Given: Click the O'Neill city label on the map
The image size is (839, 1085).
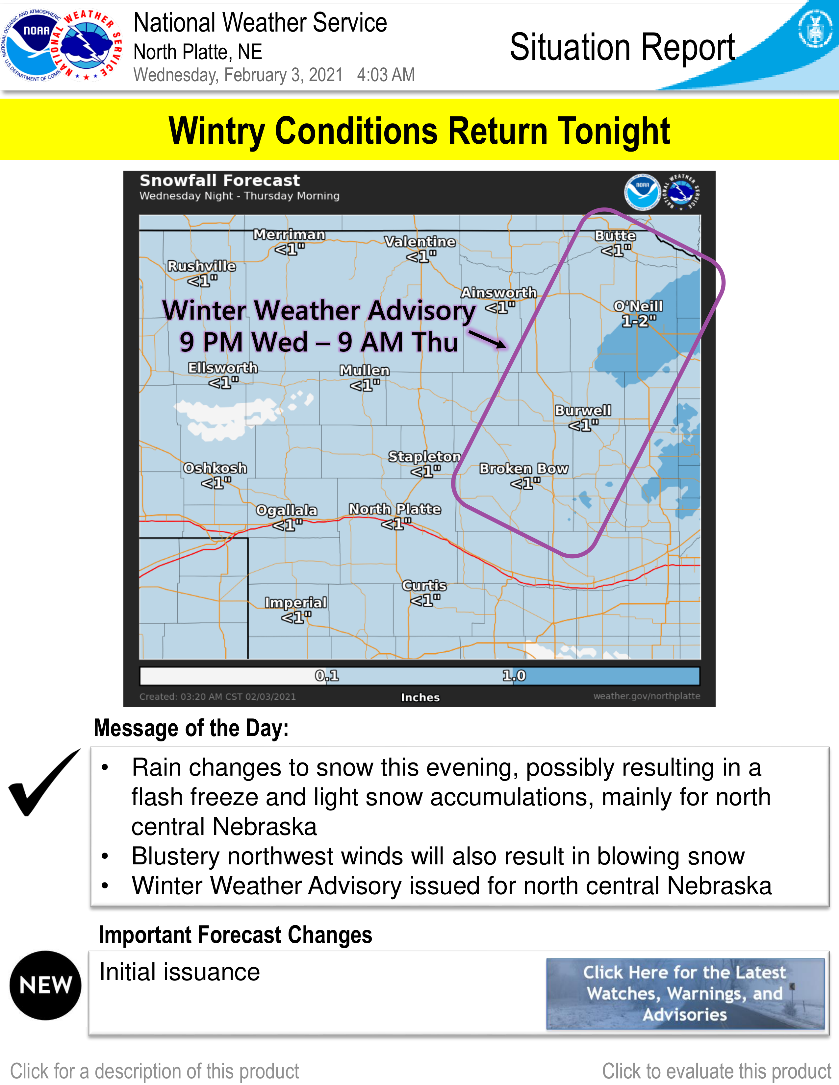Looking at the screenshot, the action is click(x=638, y=306).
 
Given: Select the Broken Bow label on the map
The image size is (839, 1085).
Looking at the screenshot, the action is click(x=524, y=469).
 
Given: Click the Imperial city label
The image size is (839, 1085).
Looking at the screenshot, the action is click(x=296, y=603).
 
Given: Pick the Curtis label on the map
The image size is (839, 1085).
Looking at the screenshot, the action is click(x=424, y=585).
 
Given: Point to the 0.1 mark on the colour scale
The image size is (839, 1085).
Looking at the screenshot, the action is click(x=327, y=676).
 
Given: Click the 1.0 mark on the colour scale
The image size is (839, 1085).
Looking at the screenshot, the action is click(x=514, y=676).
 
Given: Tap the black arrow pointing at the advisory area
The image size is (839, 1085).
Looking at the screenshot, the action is click(x=488, y=340).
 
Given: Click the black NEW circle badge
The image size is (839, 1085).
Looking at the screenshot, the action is click(x=45, y=985).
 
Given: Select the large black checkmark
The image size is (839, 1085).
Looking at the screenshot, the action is click(x=44, y=783).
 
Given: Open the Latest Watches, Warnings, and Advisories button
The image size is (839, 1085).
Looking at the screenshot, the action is click(x=685, y=994).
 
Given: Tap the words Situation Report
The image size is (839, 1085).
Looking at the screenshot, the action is click(x=622, y=48).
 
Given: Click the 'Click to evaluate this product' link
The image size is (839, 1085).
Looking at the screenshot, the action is click(x=716, y=1071).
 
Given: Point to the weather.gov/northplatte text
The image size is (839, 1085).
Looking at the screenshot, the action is click(x=647, y=696).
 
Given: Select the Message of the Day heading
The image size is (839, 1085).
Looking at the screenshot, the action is click(x=191, y=728).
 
